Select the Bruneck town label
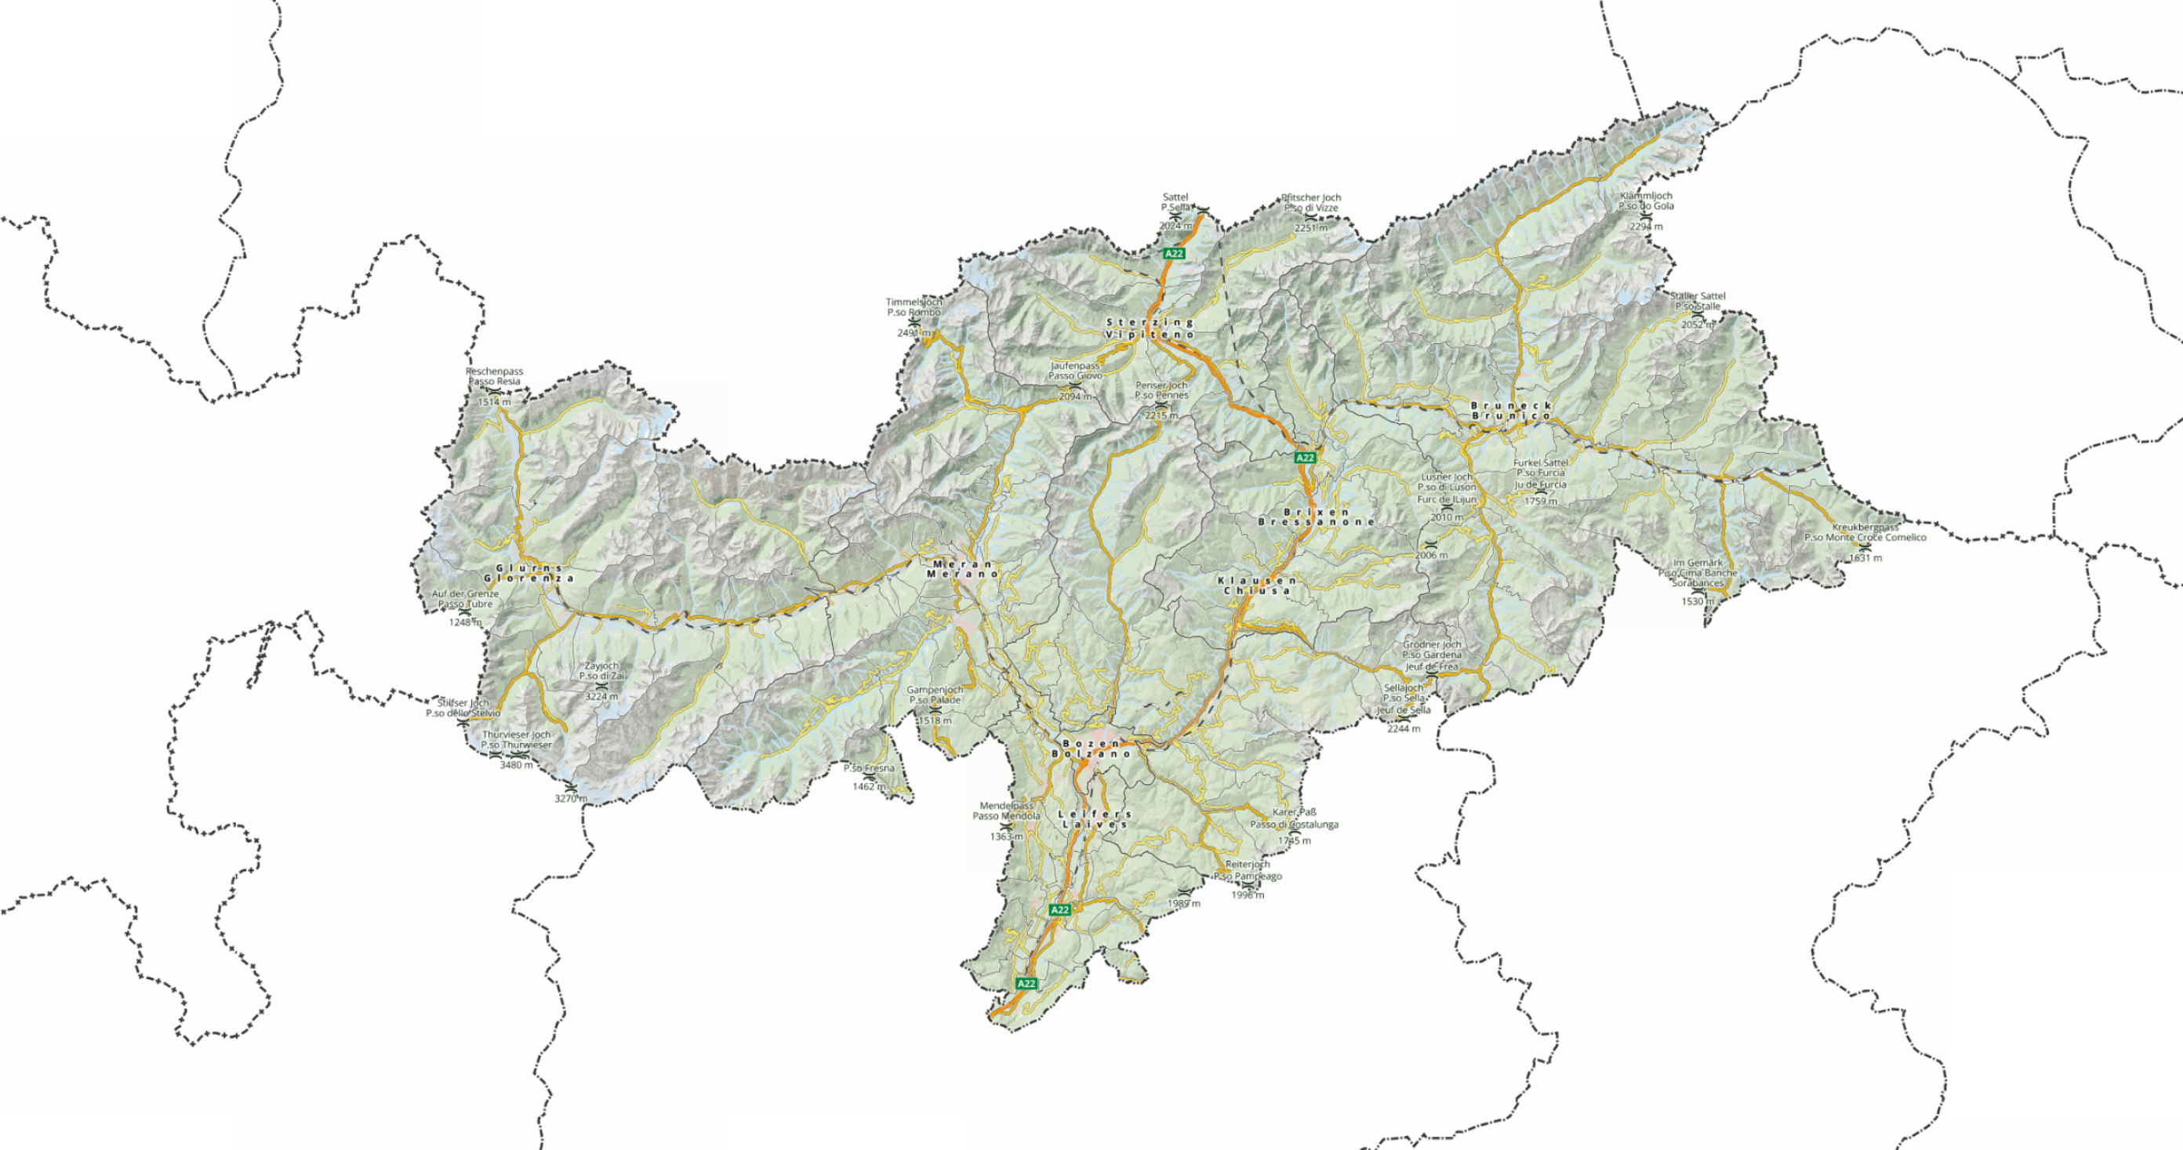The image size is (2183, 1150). (1511, 406)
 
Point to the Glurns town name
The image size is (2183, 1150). (528, 568)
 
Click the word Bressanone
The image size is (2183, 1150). (1316, 522)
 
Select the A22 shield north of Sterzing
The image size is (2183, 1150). (1174, 253)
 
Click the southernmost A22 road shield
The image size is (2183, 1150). (1026, 983)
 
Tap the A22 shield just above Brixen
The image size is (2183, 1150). (1304, 458)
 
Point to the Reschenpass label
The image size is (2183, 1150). (494, 372)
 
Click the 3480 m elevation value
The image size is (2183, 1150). (516, 765)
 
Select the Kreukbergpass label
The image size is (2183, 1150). (1865, 527)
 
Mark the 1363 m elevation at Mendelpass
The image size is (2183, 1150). (1006, 836)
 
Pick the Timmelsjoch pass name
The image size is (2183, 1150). (914, 302)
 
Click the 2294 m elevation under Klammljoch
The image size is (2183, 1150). (1646, 227)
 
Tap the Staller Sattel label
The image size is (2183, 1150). (1698, 296)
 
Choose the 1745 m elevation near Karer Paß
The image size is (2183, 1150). (1294, 840)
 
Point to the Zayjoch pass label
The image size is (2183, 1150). (601, 666)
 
